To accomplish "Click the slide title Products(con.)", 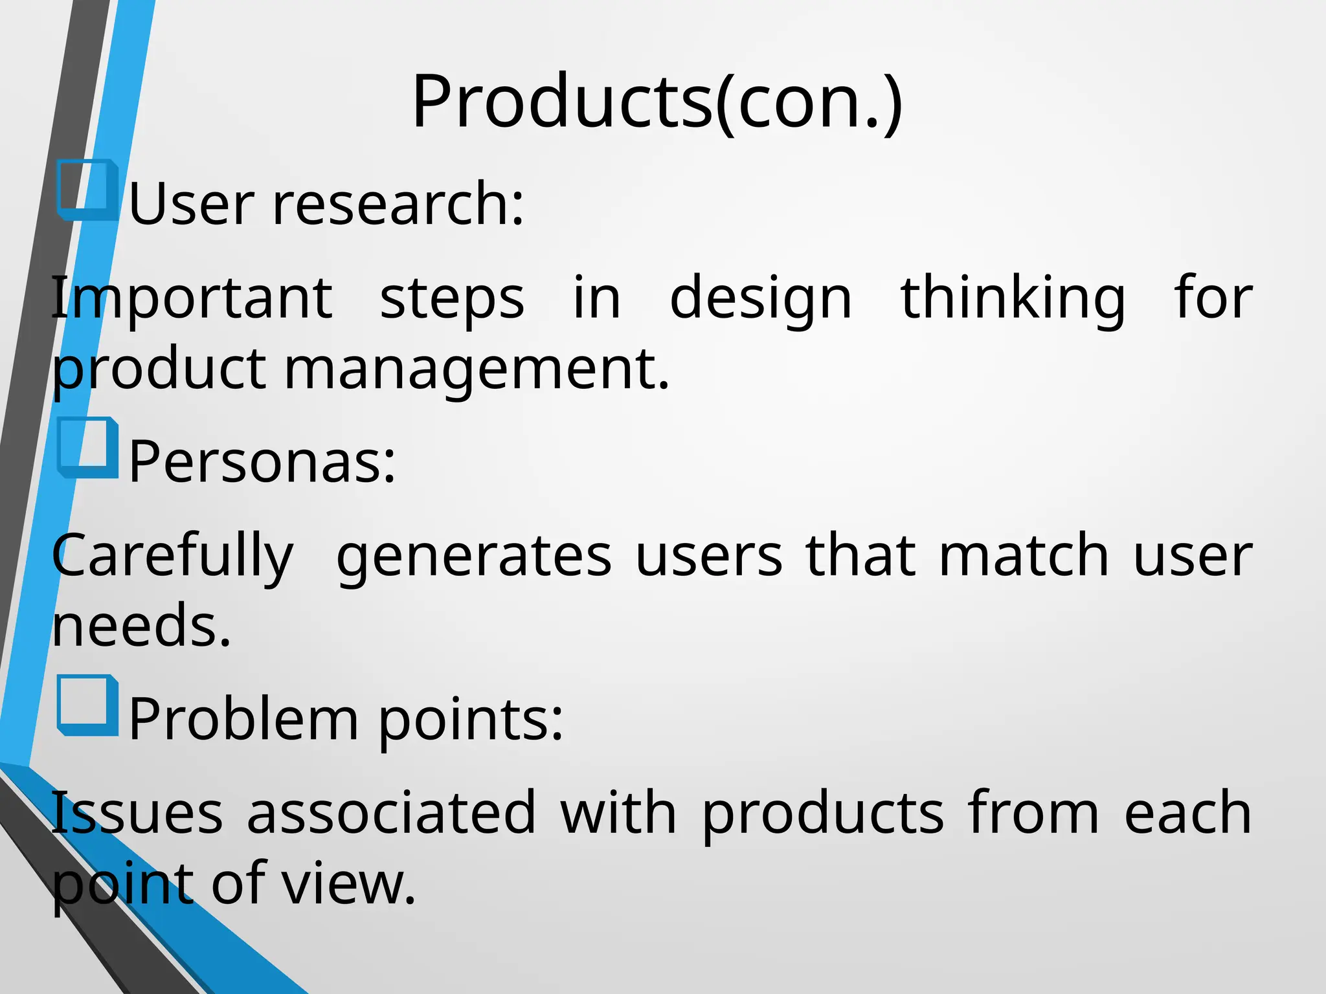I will [657, 102].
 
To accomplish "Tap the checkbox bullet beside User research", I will [87, 190].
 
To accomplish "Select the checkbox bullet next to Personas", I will [87, 448].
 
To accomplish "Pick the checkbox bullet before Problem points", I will [87, 705].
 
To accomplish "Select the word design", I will [761, 299].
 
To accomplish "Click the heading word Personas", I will [262, 461].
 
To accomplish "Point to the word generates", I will [474, 557].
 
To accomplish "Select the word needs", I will [141, 625].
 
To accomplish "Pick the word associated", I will [391, 813].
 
